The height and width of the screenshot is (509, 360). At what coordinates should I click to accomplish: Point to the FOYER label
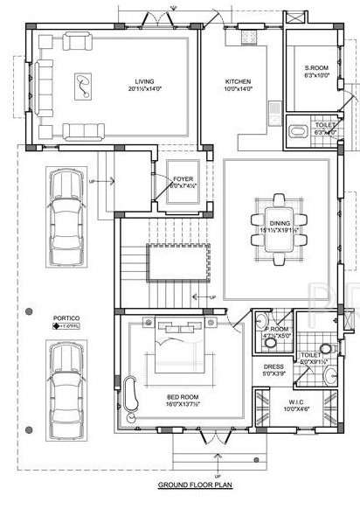[x=183, y=178]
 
